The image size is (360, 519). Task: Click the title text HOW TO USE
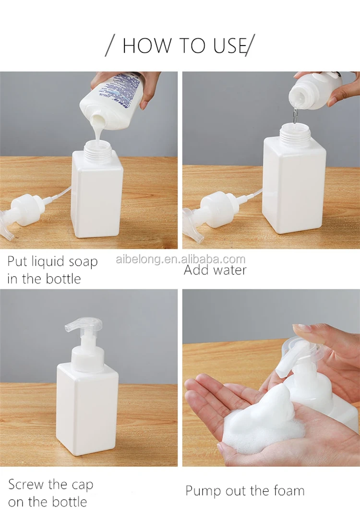click(x=180, y=45)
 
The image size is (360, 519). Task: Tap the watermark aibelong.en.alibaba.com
click(x=180, y=259)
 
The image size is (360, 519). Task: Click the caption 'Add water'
click(x=215, y=270)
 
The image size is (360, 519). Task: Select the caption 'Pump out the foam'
click(x=245, y=491)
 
